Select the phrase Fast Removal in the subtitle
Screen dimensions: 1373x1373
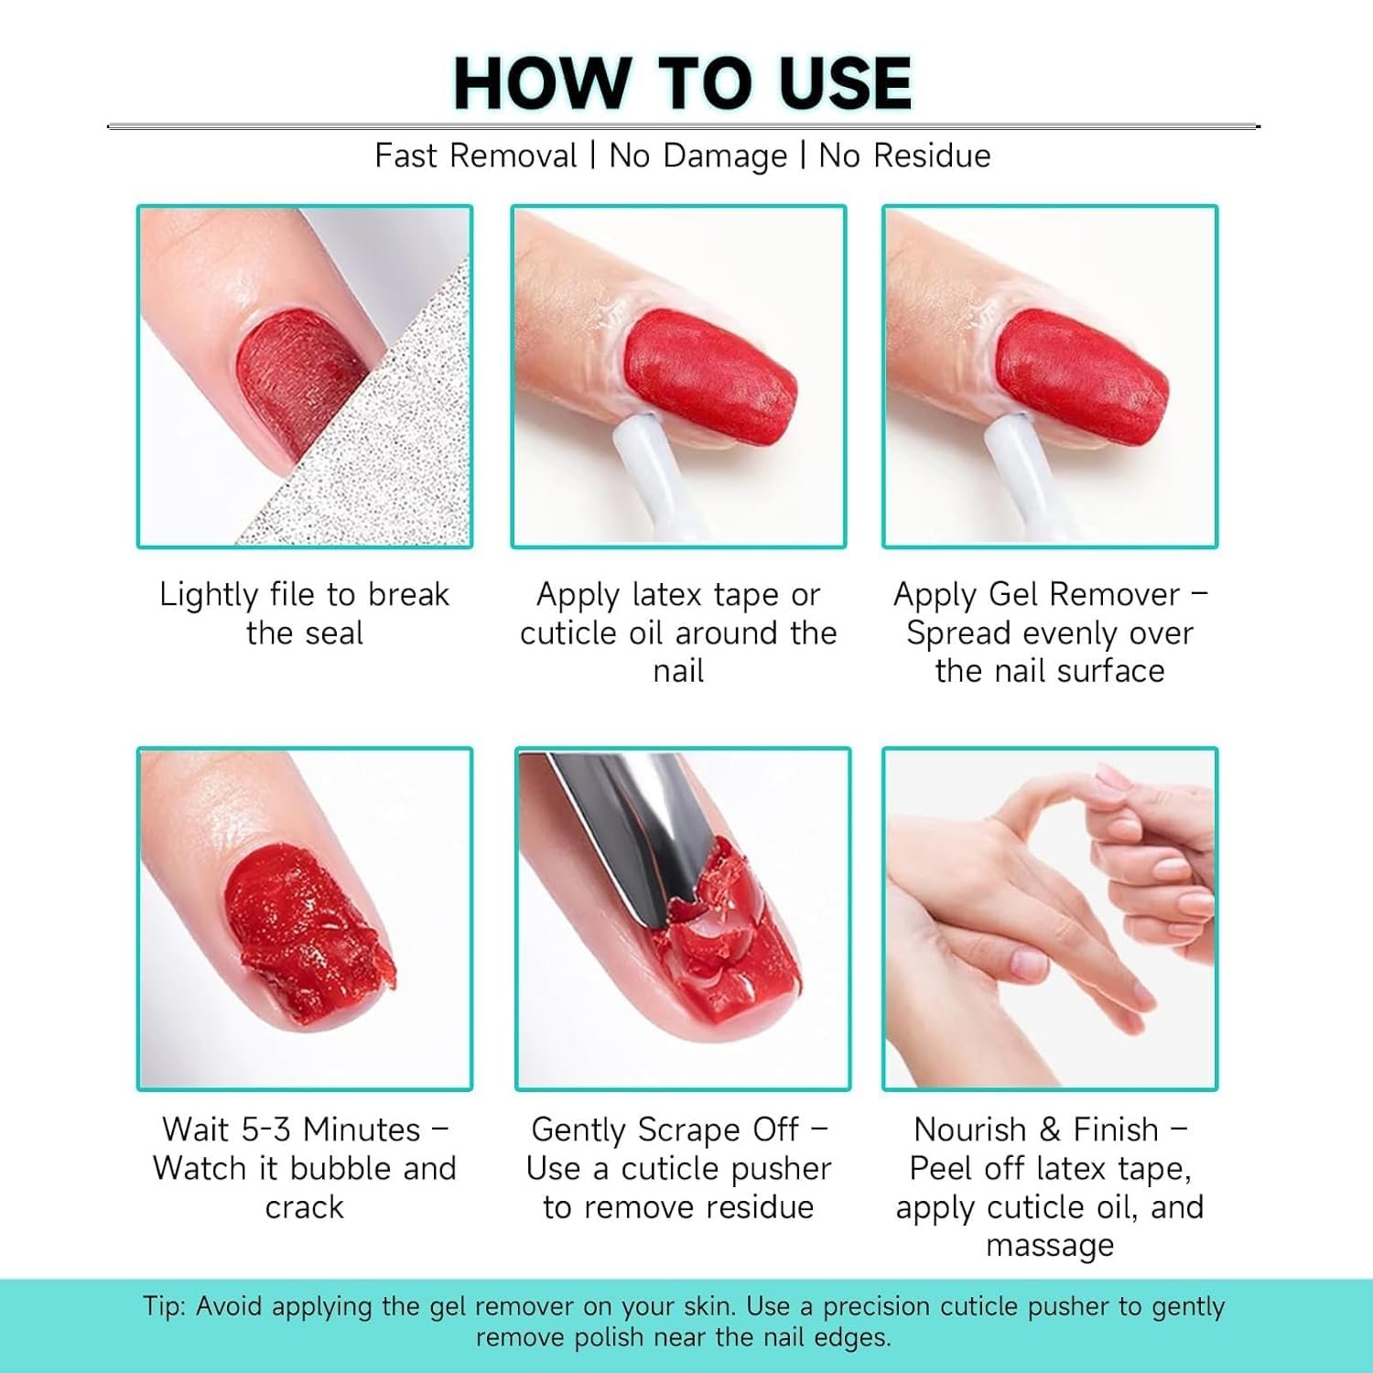click(x=476, y=156)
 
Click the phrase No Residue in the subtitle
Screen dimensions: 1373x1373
click(x=904, y=156)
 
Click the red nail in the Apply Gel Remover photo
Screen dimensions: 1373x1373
click(x=1081, y=375)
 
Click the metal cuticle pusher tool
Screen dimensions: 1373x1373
click(x=632, y=833)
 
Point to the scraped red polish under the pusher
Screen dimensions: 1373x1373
click(x=728, y=952)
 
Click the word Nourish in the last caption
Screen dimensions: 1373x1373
click(x=970, y=1130)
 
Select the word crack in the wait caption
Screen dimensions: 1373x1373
click(x=304, y=1207)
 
